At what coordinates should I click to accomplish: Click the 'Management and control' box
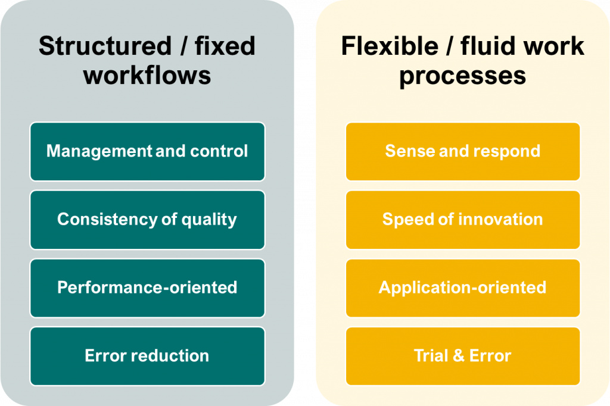click(147, 151)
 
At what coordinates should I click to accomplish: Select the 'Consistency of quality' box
click(147, 220)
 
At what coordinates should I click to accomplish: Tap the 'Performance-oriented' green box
click(147, 288)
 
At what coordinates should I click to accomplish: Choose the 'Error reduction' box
click(147, 356)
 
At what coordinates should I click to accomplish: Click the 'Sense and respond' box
click(462, 151)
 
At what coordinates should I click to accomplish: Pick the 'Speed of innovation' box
click(462, 220)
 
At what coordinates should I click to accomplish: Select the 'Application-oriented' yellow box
click(462, 288)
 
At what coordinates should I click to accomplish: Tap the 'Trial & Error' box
click(462, 356)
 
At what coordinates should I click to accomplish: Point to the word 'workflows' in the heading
click(147, 76)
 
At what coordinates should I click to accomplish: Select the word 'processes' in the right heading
click(462, 76)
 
